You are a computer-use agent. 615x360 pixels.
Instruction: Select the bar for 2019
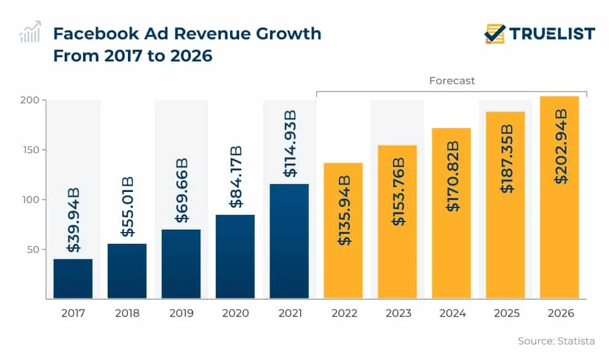pyautogui.click(x=181, y=264)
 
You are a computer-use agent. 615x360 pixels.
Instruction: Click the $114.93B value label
pyautogui.click(x=290, y=144)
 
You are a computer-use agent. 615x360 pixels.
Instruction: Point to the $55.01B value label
pyautogui.click(x=127, y=207)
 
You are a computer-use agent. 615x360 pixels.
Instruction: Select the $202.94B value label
pyautogui.click(x=560, y=146)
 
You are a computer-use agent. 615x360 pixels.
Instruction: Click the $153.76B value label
pyautogui.click(x=398, y=191)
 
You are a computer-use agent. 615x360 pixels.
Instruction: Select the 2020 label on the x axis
pyautogui.click(x=235, y=313)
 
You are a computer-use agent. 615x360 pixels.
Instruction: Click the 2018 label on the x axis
pyautogui.click(x=127, y=313)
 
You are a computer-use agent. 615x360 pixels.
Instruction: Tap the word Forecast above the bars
pyautogui.click(x=452, y=81)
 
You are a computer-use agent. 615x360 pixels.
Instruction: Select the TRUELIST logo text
pyautogui.click(x=552, y=33)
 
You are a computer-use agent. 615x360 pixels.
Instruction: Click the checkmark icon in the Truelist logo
pyautogui.click(x=494, y=33)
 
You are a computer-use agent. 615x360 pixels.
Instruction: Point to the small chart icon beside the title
pyautogui.click(x=30, y=32)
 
